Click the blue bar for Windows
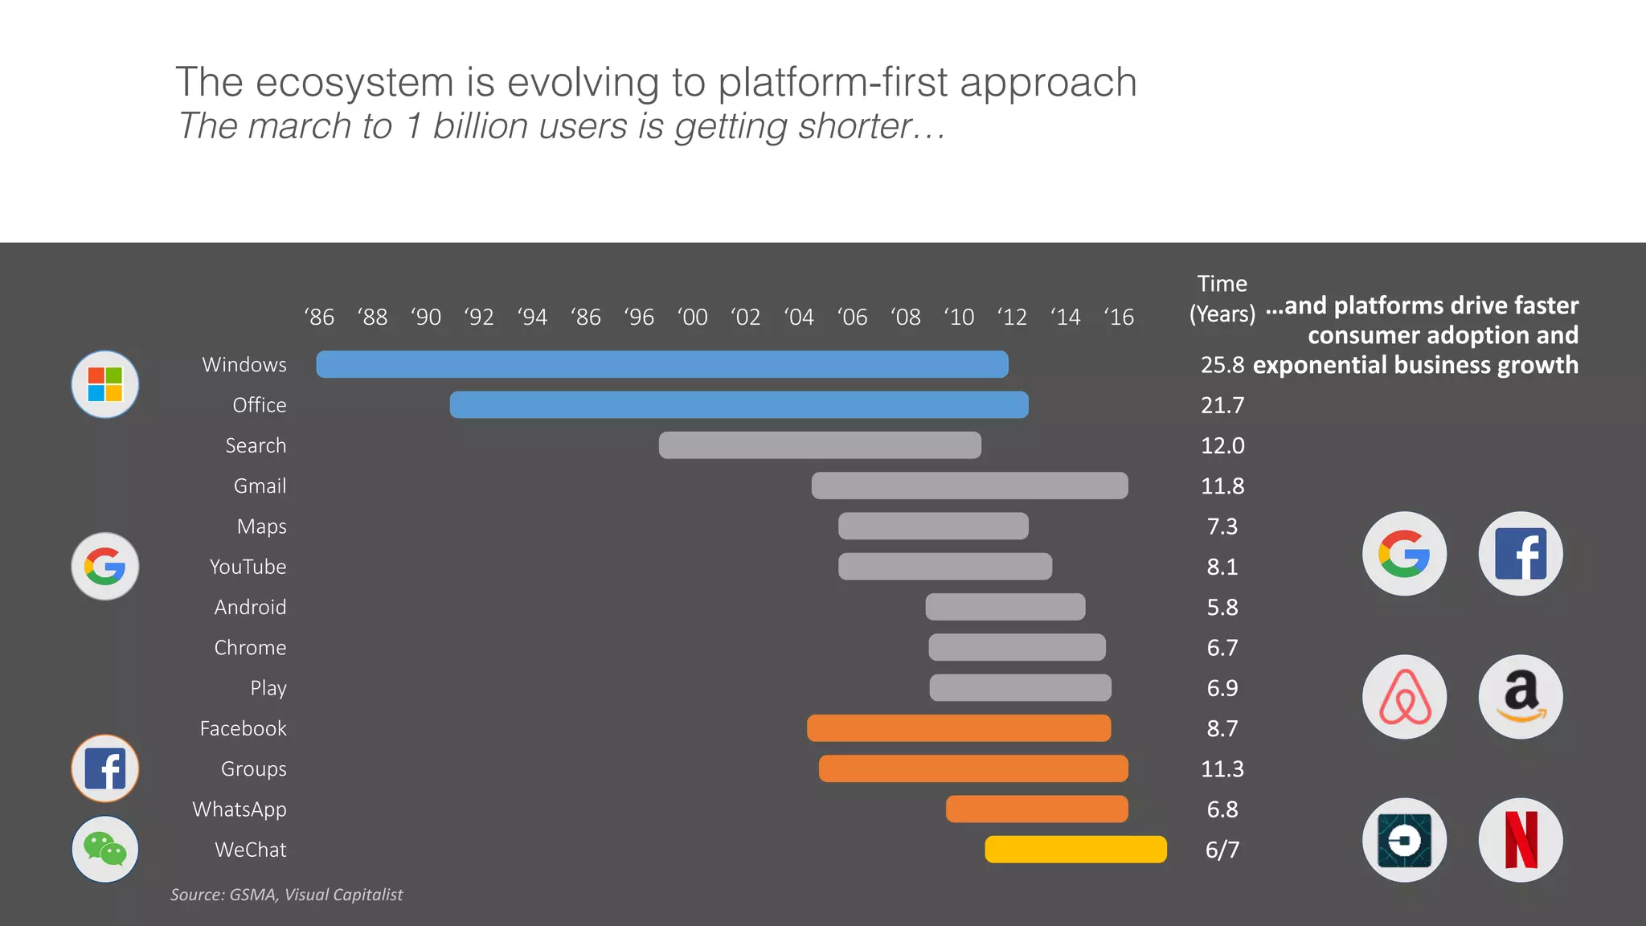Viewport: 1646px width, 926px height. tap(662, 364)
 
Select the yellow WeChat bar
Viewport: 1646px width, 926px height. tap(1075, 850)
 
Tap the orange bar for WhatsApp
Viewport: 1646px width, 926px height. tap(1037, 809)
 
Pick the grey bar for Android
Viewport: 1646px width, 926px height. tap(1005, 607)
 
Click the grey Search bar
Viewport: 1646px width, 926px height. tap(820, 445)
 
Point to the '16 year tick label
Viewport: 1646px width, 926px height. tap(1119, 318)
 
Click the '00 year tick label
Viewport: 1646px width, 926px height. tap(693, 318)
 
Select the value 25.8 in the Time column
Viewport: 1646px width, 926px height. tap(1222, 365)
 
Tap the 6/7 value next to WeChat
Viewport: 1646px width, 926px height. tap(1222, 850)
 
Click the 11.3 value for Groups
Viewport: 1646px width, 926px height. tap(1222, 769)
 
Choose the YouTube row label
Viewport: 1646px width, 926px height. tap(248, 567)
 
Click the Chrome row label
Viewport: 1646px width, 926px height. tap(250, 648)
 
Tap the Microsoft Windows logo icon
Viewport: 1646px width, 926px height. tap(105, 384)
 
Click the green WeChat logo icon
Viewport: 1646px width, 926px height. tap(105, 850)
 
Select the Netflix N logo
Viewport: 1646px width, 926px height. tap(1521, 840)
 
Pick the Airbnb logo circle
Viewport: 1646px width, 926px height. tap(1404, 697)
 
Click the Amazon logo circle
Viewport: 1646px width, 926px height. tap(1521, 697)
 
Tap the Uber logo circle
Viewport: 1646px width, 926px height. tap(1404, 840)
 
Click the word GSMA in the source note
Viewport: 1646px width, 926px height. tap(252, 895)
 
